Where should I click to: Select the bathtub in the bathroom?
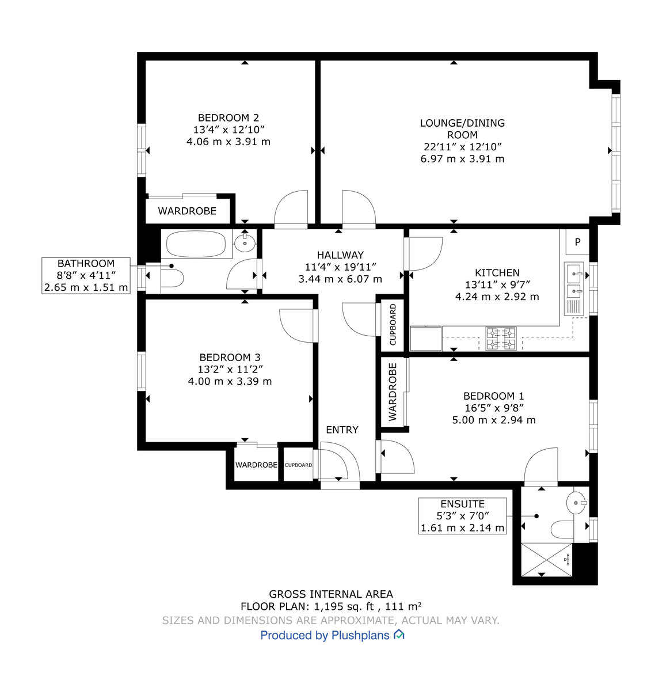click(196, 244)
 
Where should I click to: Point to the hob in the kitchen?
click(501, 339)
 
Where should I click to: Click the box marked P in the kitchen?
click(577, 242)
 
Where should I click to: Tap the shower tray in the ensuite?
click(547, 559)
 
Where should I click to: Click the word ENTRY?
click(342, 430)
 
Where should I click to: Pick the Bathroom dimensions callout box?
click(86, 276)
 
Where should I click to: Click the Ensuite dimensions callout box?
click(462, 516)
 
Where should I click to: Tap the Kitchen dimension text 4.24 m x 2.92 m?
click(497, 297)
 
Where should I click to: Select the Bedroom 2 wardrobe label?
click(187, 211)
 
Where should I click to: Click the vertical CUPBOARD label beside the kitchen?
click(393, 325)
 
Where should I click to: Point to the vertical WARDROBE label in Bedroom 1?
click(393, 392)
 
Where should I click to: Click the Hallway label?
click(340, 255)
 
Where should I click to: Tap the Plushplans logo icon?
click(399, 635)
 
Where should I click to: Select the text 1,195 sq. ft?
click(344, 606)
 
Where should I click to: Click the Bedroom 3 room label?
click(230, 358)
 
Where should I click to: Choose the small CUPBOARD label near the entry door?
click(298, 465)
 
